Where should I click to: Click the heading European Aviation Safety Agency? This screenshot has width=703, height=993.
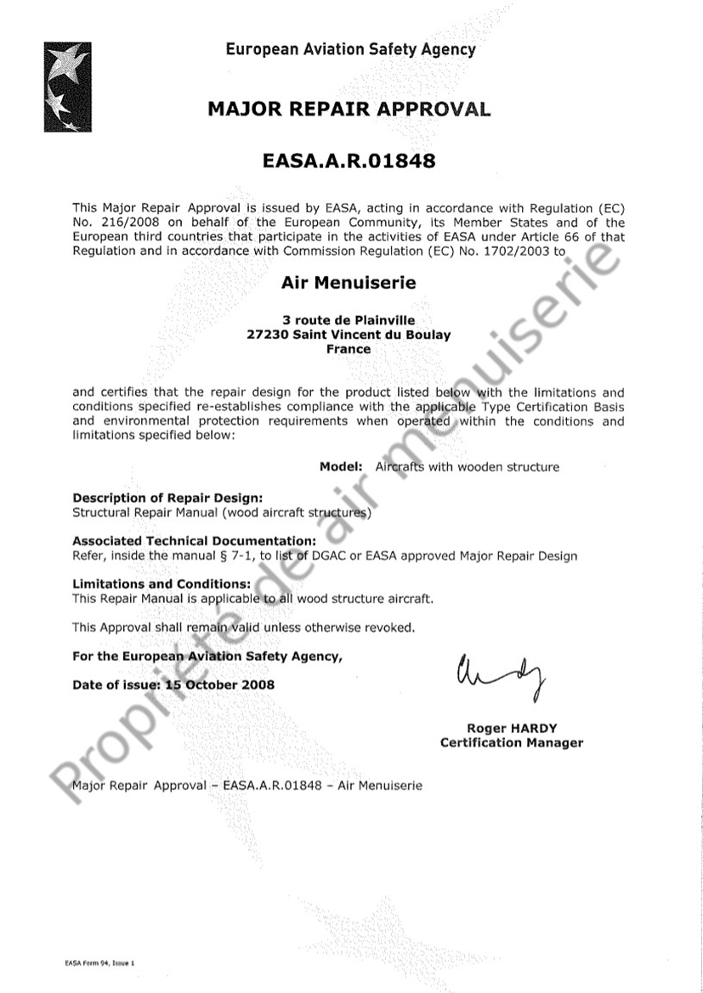click(x=350, y=49)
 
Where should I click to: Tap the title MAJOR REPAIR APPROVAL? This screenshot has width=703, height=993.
click(x=349, y=110)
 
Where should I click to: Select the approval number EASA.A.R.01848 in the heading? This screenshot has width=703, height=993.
click(x=349, y=161)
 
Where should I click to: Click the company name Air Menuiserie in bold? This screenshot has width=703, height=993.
click(x=349, y=283)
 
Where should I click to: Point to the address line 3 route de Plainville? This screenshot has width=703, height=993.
click(x=349, y=320)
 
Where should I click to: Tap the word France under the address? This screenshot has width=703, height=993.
click(x=349, y=349)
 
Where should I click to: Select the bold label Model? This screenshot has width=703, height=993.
click(x=342, y=466)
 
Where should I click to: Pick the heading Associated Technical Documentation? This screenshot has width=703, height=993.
click(x=195, y=541)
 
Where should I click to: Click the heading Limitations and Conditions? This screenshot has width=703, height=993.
click(x=162, y=584)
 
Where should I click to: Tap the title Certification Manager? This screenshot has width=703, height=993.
click(x=511, y=743)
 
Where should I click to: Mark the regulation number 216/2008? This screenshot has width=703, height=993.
click(x=125, y=223)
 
